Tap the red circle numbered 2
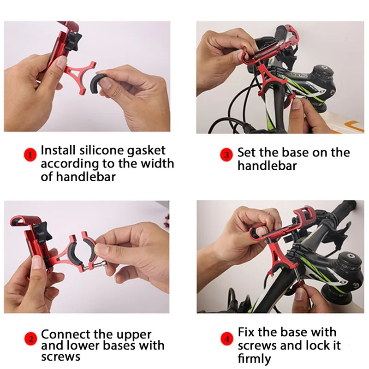coord(30,340)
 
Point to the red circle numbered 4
coord(226,340)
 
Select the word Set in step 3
coord(248,153)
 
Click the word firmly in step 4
coord(255,358)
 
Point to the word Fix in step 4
coord(248,333)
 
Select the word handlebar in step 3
coord(268,166)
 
